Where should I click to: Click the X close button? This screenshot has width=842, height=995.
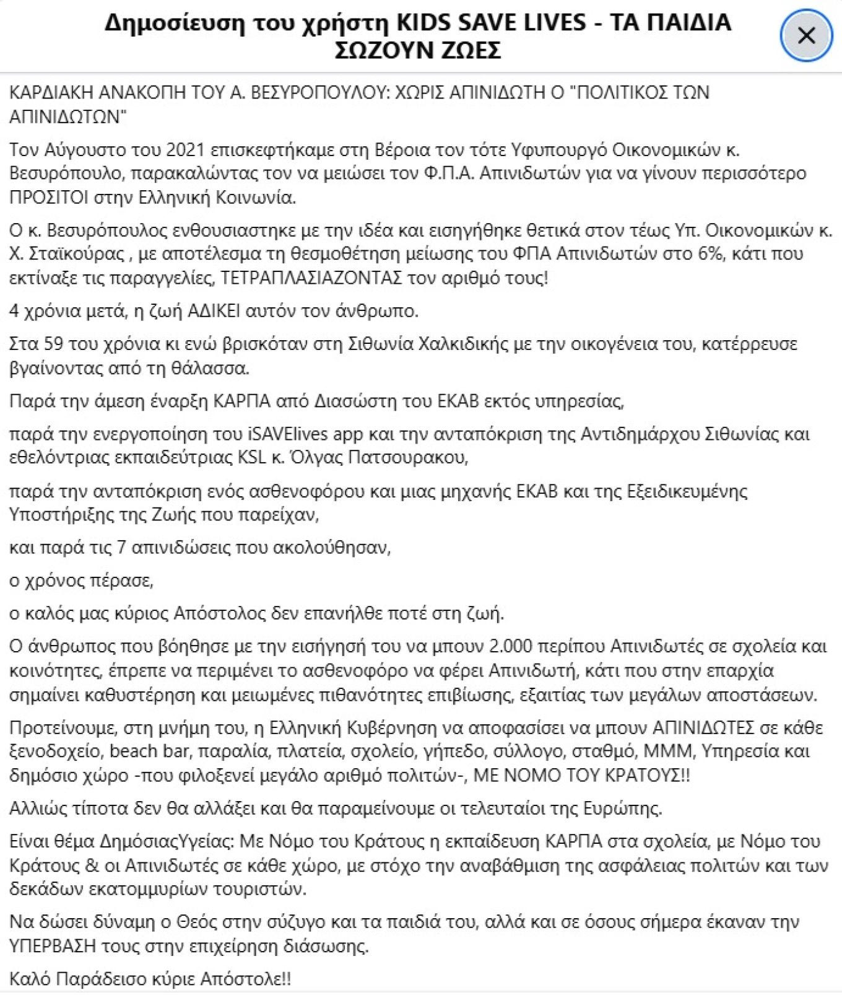[806, 36]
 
